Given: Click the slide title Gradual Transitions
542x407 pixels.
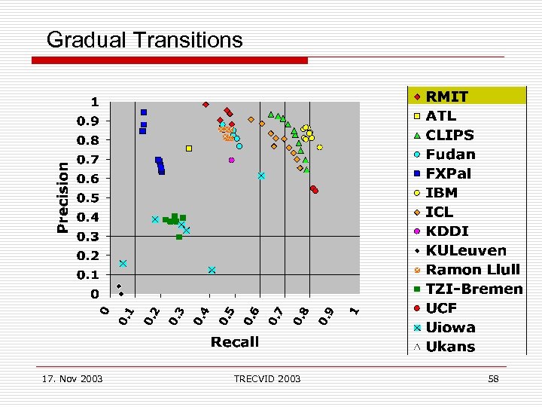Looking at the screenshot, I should pyautogui.click(x=145, y=39).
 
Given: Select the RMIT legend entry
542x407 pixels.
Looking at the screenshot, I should pyautogui.click(x=446, y=96).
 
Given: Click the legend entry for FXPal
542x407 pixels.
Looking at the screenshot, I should pyautogui.click(x=448, y=173).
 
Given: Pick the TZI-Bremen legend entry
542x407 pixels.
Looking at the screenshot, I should pyautogui.click(x=473, y=289).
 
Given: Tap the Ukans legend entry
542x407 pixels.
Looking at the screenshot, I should pyautogui.click(x=450, y=347).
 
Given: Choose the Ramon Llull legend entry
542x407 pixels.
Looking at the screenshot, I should pyautogui.click(x=472, y=270).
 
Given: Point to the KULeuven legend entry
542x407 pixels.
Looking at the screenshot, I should pyautogui.click(x=465, y=250).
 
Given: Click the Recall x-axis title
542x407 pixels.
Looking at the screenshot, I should pyautogui.click(x=235, y=341).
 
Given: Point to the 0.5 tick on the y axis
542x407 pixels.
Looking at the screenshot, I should pyautogui.click(x=90, y=197).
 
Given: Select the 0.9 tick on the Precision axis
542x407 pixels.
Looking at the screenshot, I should pyautogui.click(x=90, y=121).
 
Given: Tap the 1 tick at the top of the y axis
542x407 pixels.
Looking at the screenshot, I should pyautogui.click(x=95, y=102).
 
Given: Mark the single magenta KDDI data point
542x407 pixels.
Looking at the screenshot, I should pyautogui.click(x=232, y=160).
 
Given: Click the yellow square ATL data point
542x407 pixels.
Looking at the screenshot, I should pyautogui.click(x=189, y=148).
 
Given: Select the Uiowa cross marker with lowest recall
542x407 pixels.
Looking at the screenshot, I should pyautogui.click(x=123, y=264).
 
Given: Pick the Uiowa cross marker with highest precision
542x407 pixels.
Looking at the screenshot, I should pyautogui.click(x=261, y=176).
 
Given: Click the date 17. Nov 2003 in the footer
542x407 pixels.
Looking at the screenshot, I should pyautogui.click(x=73, y=378).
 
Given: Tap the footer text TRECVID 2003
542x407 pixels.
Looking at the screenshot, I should pyautogui.click(x=267, y=378).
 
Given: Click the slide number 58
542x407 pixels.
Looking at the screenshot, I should pyautogui.click(x=493, y=378).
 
